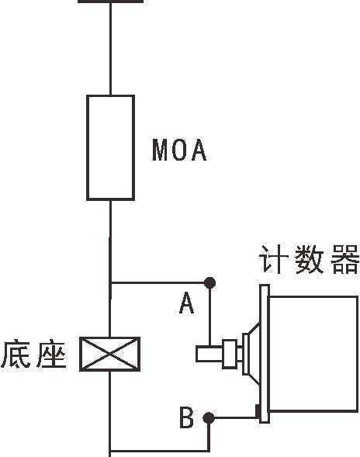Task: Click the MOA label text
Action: [x=179, y=150]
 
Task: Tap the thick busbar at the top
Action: [x=111, y=2]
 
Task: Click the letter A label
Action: [x=186, y=303]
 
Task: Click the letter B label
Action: [x=186, y=417]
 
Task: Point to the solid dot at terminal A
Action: [x=209, y=282]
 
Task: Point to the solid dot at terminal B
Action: [x=209, y=418]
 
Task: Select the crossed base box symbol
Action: [x=110, y=354]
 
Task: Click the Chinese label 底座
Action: [x=33, y=354]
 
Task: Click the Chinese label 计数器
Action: [x=309, y=259]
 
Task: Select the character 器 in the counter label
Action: [x=344, y=259]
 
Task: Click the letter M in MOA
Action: [x=160, y=150]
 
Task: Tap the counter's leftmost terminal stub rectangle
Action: [x=209, y=354]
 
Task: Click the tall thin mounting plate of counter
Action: [x=264, y=353]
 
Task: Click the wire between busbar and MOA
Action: [x=110, y=49]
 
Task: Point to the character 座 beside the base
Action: [x=50, y=354]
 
